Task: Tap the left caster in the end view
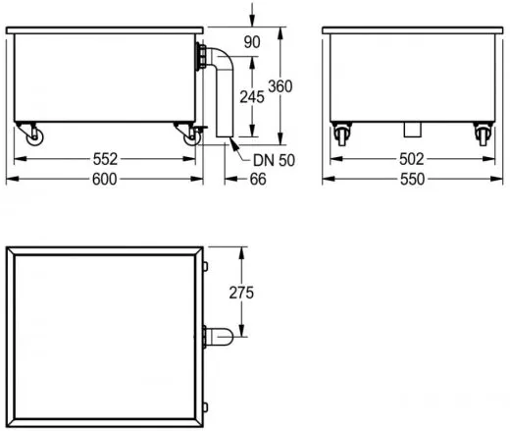click(x=343, y=135)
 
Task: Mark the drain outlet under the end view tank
click(x=411, y=128)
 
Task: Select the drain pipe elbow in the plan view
click(x=220, y=338)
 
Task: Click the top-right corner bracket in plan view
click(x=204, y=262)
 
